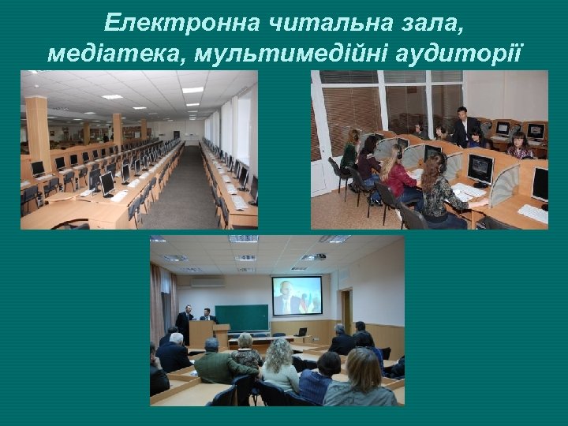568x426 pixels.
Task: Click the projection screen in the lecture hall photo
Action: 297,295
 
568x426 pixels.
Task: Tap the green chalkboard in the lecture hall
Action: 241,317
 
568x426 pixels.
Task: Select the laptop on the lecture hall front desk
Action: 302,332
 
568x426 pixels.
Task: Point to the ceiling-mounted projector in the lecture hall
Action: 313,258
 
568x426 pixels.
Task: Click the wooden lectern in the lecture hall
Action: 222,335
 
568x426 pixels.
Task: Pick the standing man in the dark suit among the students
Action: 466,126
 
